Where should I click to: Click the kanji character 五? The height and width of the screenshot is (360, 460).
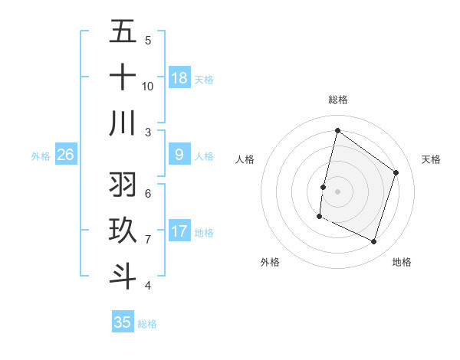[123, 32]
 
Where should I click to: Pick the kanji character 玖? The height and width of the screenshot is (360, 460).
[123, 231]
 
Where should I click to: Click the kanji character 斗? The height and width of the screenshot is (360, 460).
[123, 276]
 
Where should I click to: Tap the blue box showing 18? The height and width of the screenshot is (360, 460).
[179, 77]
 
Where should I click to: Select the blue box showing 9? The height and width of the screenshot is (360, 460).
[179, 155]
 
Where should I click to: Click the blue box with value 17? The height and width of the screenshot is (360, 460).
[179, 231]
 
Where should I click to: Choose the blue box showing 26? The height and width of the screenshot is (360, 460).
[65, 155]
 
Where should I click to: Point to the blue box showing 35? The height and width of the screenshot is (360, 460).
[123, 322]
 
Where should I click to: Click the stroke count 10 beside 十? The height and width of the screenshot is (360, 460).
[148, 86]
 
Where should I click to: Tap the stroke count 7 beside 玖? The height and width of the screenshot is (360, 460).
[148, 240]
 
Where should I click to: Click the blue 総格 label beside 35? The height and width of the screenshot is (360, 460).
[147, 324]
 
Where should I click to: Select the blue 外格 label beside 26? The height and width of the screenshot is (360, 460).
[41, 156]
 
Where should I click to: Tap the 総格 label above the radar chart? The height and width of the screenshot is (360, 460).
[337, 100]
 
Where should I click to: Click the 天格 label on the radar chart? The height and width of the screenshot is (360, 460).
[431, 159]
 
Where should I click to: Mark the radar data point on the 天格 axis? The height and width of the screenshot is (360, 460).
[396, 172]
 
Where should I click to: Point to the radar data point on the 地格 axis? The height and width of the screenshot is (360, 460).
[374, 242]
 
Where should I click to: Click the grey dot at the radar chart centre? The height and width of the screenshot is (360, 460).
[337, 191]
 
